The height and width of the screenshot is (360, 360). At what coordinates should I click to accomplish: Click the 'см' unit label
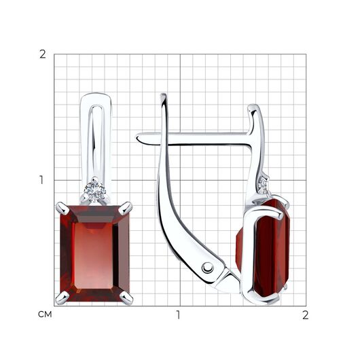tap(45, 314)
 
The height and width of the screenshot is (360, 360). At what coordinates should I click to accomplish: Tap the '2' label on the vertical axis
tap(43, 54)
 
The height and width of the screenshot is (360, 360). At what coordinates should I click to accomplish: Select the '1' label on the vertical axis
tap(41, 180)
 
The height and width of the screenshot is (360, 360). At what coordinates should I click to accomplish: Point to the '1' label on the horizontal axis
tap(178, 314)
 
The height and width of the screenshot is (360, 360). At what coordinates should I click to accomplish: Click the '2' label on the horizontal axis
tap(305, 315)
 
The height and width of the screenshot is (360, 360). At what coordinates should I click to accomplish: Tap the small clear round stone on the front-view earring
tap(94, 190)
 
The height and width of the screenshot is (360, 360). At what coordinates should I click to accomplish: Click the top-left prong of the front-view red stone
tap(62, 207)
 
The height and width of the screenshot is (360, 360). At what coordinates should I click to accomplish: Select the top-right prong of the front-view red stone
tap(126, 206)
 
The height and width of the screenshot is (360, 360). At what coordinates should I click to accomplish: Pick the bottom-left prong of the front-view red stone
tap(62, 297)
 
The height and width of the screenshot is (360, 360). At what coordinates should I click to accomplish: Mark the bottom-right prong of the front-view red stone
tap(126, 298)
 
